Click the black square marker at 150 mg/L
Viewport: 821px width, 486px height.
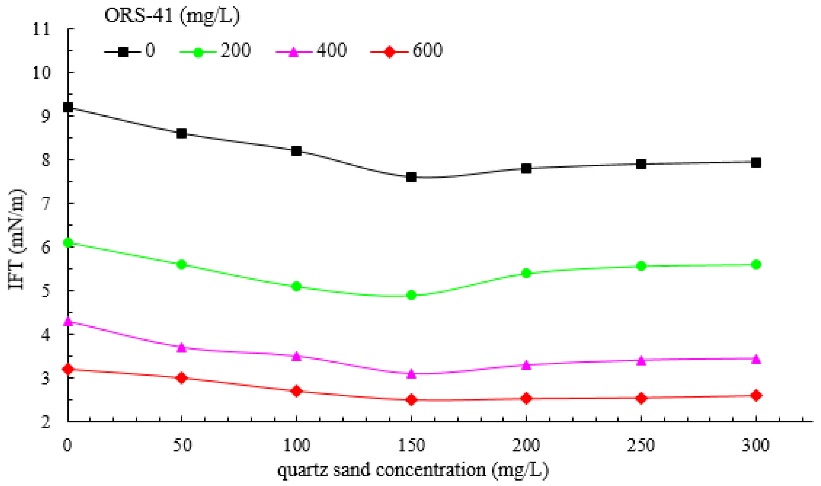click(x=411, y=177)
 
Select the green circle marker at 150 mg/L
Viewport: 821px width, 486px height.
click(x=411, y=295)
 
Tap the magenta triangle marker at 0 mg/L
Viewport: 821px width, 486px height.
click(x=68, y=321)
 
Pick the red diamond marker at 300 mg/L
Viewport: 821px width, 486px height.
click(x=756, y=395)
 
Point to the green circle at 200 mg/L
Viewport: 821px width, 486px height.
click(x=526, y=273)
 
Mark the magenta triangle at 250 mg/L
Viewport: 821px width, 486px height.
click(x=641, y=361)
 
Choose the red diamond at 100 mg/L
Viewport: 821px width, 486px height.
click(x=296, y=391)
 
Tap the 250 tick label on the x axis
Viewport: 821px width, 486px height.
click(x=641, y=445)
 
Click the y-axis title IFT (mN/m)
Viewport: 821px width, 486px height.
click(x=16, y=239)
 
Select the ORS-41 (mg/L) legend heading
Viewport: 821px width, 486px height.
click(x=172, y=15)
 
